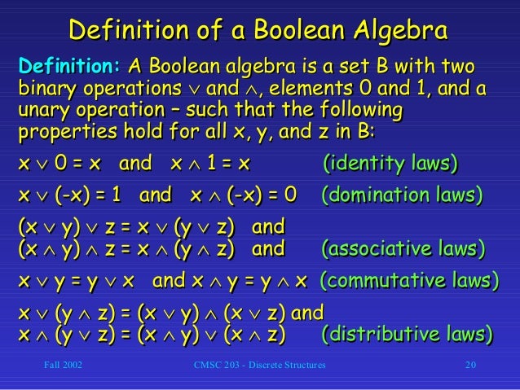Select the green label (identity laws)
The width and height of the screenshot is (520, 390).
(x=390, y=164)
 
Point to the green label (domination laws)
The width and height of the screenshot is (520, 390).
(x=401, y=195)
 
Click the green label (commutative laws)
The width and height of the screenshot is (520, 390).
(x=408, y=281)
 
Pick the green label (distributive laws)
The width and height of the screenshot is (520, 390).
(x=407, y=334)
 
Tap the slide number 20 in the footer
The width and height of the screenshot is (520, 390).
(x=470, y=366)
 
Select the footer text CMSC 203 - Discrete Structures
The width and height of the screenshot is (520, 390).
(x=260, y=366)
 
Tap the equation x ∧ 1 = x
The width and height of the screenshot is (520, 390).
(x=209, y=164)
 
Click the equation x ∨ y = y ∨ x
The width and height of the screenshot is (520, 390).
(x=74, y=281)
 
